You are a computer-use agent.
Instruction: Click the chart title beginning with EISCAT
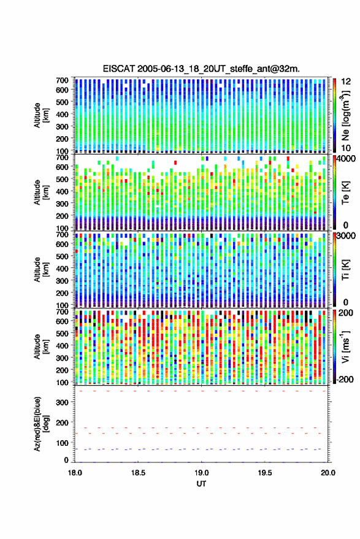(x=201, y=69)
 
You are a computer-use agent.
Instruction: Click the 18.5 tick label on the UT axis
(x=138, y=473)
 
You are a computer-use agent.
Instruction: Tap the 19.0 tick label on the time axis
(x=201, y=473)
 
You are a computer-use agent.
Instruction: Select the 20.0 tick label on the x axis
(x=328, y=473)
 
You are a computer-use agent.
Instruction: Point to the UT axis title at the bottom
(x=201, y=484)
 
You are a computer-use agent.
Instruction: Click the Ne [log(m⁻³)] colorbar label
(x=346, y=115)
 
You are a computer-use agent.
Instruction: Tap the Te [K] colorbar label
(x=345, y=193)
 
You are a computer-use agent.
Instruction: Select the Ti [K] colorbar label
(x=345, y=270)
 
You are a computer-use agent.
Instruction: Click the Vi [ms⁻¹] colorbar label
(x=345, y=346)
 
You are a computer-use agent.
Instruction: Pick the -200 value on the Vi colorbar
(x=345, y=380)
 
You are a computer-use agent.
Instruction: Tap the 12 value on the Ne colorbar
(x=346, y=82)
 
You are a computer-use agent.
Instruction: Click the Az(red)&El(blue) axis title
(x=41, y=424)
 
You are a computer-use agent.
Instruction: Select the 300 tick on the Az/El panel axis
(x=62, y=402)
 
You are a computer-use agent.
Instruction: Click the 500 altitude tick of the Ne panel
(x=62, y=102)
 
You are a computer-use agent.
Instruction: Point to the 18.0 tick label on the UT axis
(x=75, y=473)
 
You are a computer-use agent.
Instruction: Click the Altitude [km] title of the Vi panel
(x=41, y=346)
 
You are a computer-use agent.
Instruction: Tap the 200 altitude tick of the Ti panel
(x=62, y=293)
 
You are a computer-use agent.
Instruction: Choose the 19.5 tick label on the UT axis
(x=265, y=473)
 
